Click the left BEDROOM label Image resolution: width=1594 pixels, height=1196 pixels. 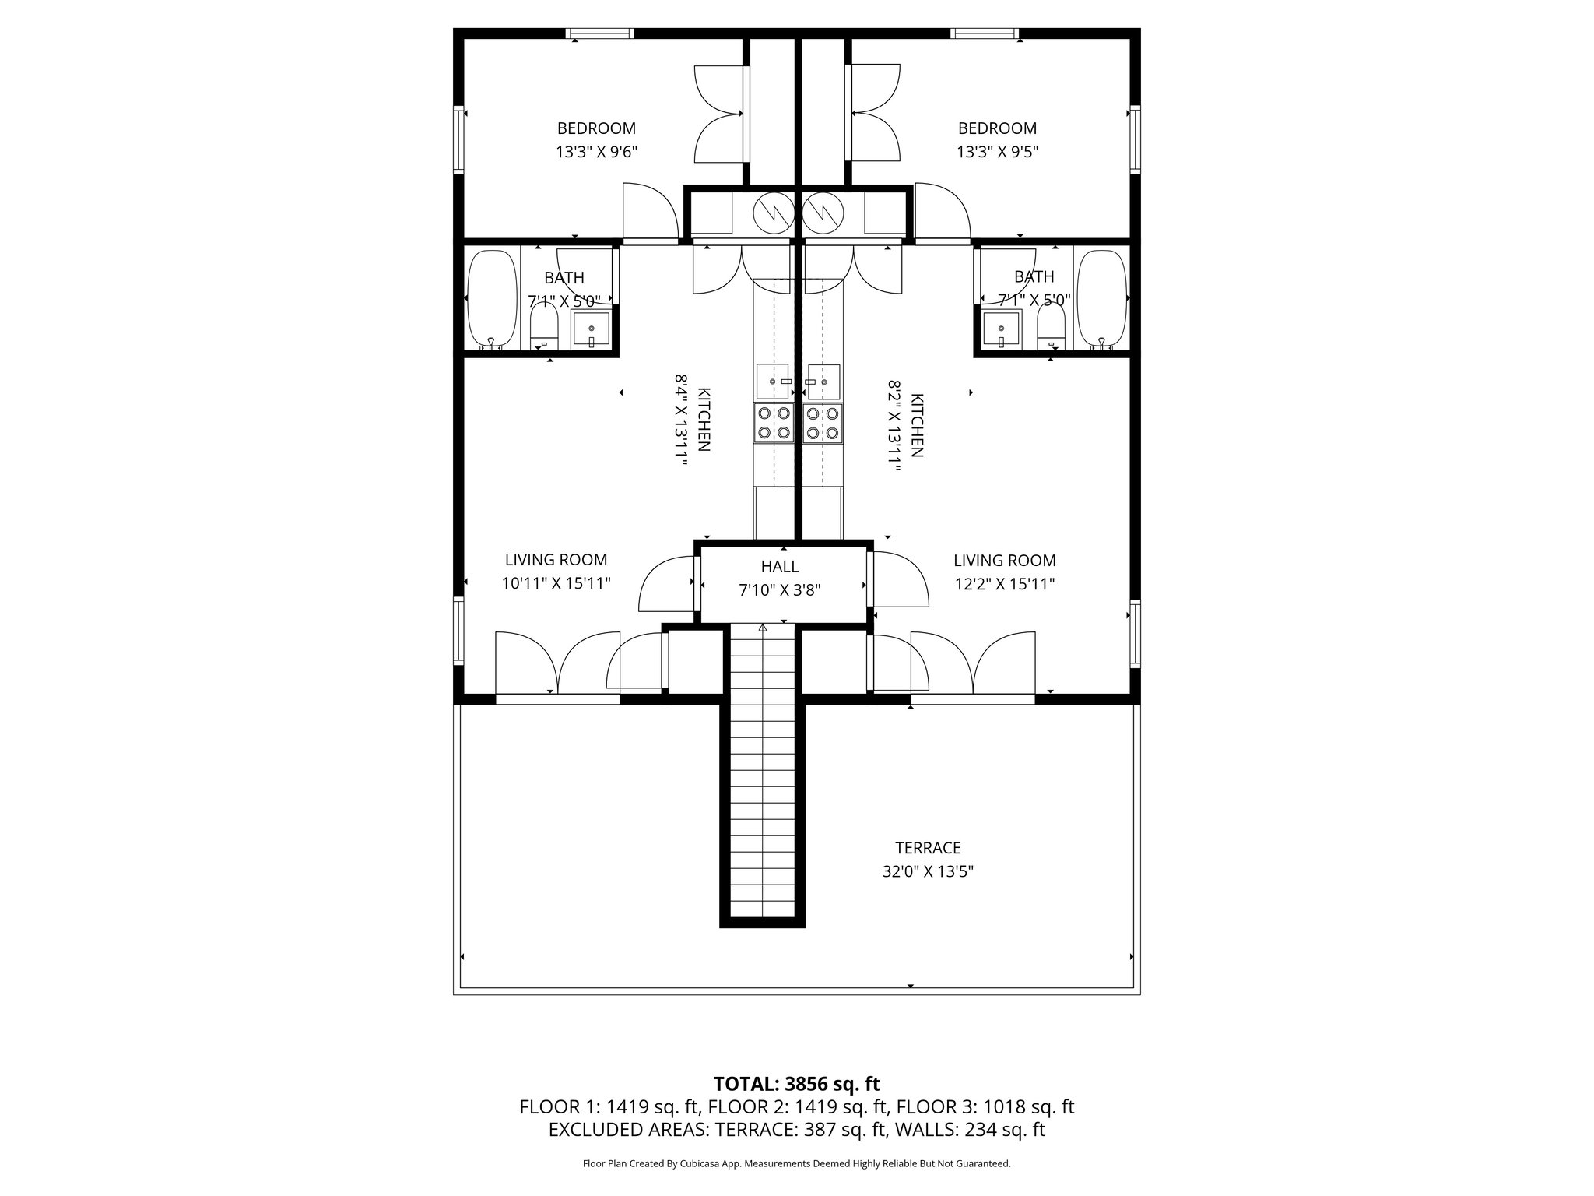[x=596, y=128]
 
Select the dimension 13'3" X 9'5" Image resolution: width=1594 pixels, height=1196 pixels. [x=997, y=152]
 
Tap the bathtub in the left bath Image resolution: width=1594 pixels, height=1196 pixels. [x=492, y=300]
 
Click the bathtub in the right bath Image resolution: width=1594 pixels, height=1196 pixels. [x=1101, y=300]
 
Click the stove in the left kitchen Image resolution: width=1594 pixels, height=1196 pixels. [x=774, y=424]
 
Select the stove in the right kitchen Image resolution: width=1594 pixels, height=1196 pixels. [x=823, y=424]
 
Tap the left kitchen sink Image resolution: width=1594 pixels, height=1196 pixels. [x=773, y=382]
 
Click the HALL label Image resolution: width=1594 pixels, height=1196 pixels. [x=780, y=567]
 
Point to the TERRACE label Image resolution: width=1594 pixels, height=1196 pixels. [x=928, y=848]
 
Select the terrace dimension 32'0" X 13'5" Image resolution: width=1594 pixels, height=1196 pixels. [x=928, y=871]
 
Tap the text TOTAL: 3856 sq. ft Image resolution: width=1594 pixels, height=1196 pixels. [x=797, y=1083]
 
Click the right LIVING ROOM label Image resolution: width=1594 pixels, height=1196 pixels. [x=1005, y=561]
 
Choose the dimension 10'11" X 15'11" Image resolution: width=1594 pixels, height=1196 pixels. [x=556, y=583]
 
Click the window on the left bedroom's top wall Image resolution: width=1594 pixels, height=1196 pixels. [x=599, y=33]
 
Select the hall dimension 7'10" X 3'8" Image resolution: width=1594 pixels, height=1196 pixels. [x=780, y=590]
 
